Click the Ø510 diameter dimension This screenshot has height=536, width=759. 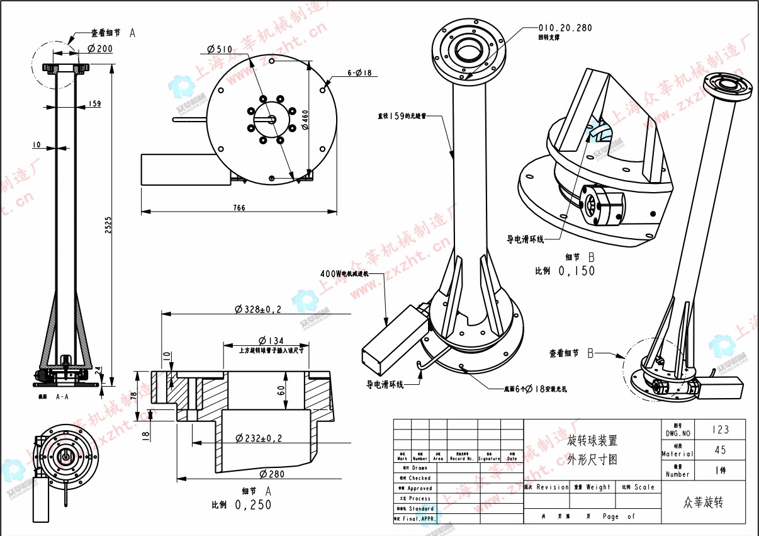click(220, 49)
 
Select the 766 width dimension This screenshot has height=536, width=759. click(239, 208)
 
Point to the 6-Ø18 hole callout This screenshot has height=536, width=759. click(359, 73)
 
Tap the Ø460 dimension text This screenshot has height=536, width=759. click(305, 118)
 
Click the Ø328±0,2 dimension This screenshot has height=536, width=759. click(258, 309)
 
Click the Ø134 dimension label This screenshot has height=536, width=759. click(271, 341)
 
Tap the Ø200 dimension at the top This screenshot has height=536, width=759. click(100, 48)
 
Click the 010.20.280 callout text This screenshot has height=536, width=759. click(565, 28)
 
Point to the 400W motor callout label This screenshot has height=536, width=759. click(344, 274)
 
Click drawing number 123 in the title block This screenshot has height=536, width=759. click(720, 430)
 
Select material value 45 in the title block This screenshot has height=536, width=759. click(720, 450)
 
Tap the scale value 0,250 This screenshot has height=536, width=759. click(253, 505)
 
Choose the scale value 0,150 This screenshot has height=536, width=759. click(576, 271)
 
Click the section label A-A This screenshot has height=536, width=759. click(62, 397)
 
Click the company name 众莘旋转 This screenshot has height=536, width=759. click(704, 503)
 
